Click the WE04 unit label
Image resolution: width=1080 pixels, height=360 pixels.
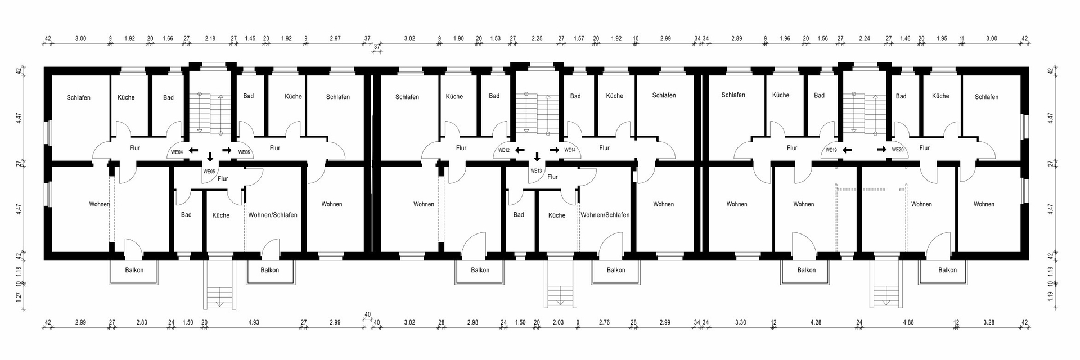[x=177, y=152]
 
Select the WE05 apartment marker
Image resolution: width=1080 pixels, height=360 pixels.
[x=209, y=172]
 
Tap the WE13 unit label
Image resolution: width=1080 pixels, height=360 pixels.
[x=536, y=170]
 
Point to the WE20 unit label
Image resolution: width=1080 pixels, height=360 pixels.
[x=898, y=150]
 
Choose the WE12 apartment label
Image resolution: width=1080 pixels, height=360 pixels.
[x=504, y=150]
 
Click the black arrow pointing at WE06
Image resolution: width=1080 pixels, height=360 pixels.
[x=227, y=150]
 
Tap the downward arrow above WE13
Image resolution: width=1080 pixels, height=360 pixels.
[x=537, y=157]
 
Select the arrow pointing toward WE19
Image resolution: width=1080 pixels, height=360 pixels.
[x=848, y=150]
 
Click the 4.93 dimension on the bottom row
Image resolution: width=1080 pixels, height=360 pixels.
[x=254, y=322]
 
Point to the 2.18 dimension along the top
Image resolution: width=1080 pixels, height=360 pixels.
[x=210, y=39]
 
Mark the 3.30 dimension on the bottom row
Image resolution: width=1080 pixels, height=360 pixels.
[x=741, y=322]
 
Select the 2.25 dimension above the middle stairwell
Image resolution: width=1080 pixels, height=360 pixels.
[x=537, y=39]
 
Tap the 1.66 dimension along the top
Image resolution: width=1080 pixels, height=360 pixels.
[x=168, y=39]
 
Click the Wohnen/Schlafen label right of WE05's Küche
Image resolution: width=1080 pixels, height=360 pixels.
[x=273, y=215]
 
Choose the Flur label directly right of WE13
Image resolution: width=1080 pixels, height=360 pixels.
[x=552, y=177]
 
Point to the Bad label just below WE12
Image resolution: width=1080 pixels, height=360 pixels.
[x=519, y=214]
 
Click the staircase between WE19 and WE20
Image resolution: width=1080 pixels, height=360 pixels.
[x=864, y=113]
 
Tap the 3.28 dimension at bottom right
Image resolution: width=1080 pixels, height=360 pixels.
[x=988, y=322]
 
